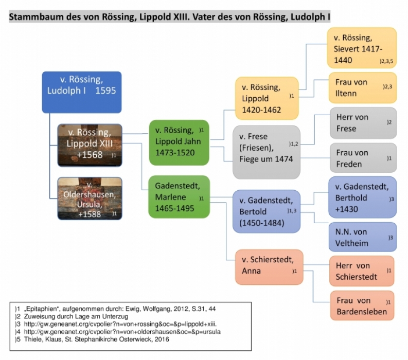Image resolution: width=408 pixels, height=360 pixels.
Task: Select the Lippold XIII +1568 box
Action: [x=90, y=144]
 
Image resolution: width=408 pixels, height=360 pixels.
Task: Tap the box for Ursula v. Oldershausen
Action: [x=90, y=198]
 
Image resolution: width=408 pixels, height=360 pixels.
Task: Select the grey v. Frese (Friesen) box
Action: [x=266, y=152]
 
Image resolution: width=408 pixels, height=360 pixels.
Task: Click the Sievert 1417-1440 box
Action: [x=362, y=48]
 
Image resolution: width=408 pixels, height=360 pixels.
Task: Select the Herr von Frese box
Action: [x=363, y=122]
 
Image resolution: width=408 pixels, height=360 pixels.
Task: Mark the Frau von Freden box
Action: [x=363, y=158]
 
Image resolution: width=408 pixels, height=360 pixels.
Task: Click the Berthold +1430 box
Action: [x=362, y=197]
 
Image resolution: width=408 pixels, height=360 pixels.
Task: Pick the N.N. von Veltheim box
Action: [x=362, y=237]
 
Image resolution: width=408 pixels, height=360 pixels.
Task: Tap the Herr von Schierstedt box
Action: [x=362, y=271]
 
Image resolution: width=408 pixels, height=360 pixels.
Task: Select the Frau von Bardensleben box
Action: [x=362, y=306]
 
